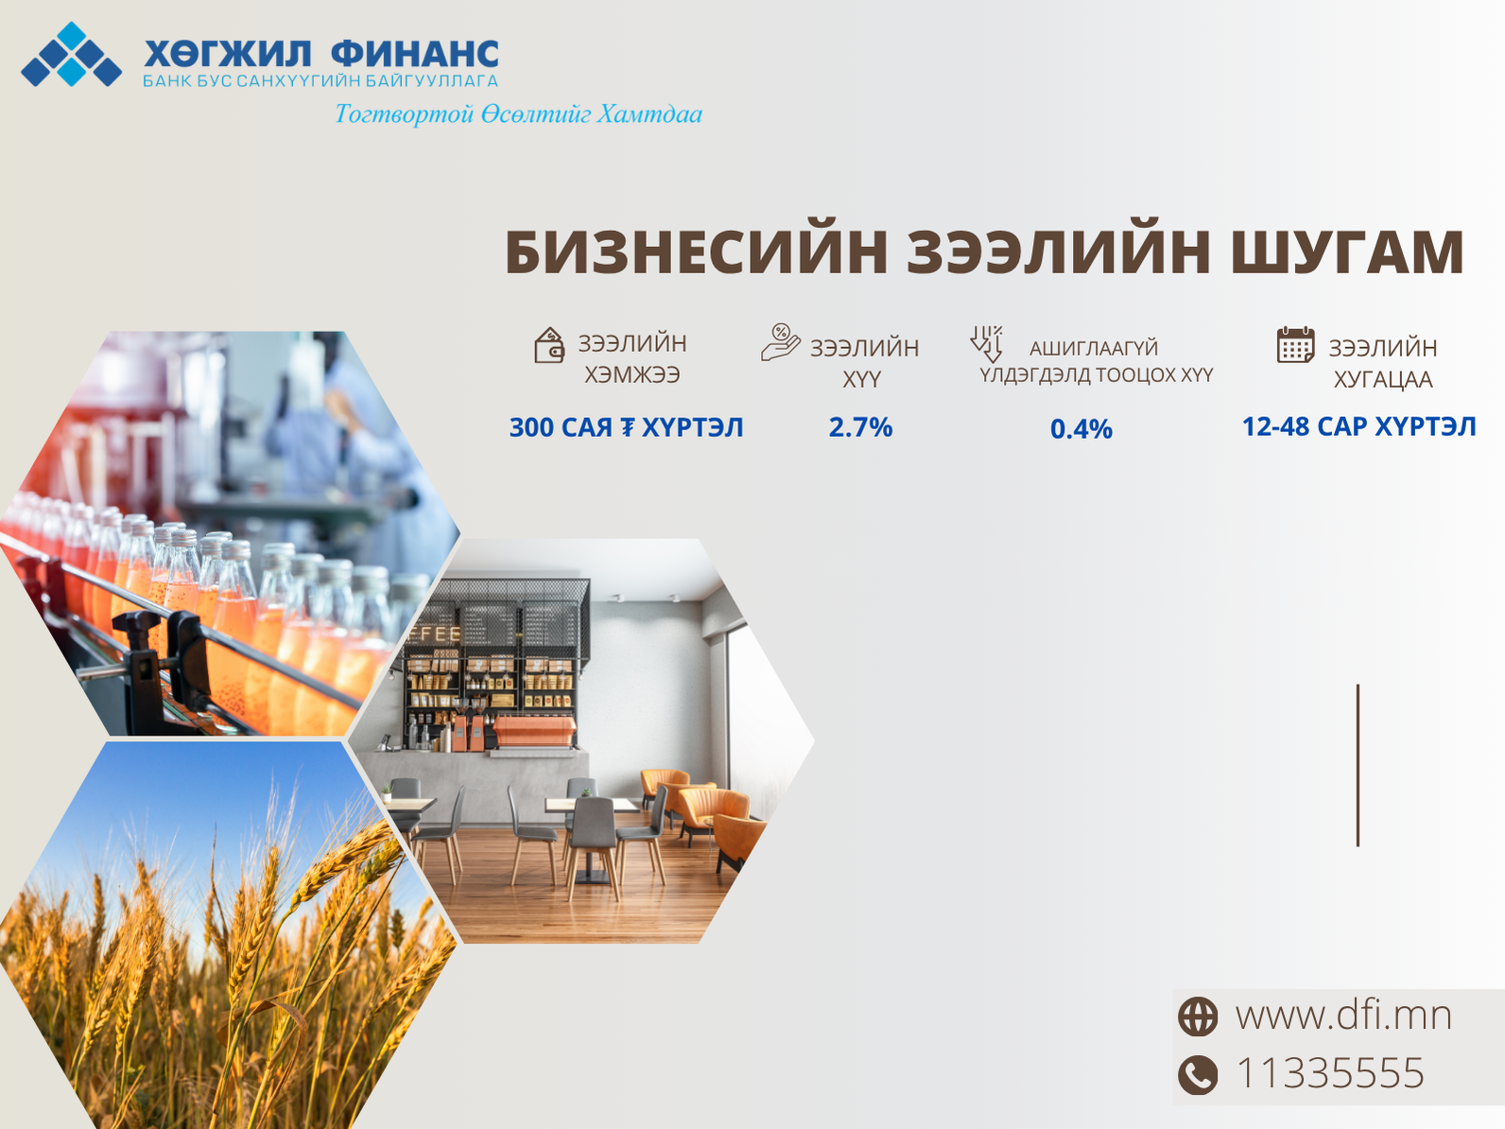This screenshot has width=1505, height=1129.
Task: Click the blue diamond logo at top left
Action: click(x=71, y=54)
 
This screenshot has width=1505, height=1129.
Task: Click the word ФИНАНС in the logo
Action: click(x=415, y=54)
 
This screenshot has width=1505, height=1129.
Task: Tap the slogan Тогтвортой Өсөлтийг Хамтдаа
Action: click(x=518, y=113)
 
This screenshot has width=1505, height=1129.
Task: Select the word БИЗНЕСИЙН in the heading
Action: click(x=697, y=252)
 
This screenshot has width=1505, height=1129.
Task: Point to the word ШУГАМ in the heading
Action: click(x=1348, y=252)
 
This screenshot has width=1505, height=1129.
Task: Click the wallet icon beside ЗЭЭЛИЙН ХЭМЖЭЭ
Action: click(x=549, y=345)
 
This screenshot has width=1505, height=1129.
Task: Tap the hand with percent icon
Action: click(x=780, y=342)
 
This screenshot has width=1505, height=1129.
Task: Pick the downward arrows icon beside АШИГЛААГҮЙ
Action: click(x=987, y=344)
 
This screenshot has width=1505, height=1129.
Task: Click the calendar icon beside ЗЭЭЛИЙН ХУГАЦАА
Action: click(x=1295, y=344)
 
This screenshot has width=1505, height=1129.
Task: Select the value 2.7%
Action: click(x=860, y=427)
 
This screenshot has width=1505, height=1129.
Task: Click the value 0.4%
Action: click(x=1081, y=428)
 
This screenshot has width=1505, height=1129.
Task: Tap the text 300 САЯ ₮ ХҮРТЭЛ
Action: click(x=626, y=427)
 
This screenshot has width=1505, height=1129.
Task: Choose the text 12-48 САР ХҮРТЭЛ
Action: click(x=1359, y=426)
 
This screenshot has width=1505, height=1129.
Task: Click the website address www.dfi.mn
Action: click(x=1344, y=1016)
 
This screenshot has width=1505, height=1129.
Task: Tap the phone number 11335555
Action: click(x=1330, y=1073)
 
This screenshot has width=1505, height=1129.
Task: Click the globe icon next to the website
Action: click(x=1198, y=1016)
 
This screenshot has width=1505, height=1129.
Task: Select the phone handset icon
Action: click(x=1198, y=1074)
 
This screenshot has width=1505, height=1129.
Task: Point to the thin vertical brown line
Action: click(x=1358, y=765)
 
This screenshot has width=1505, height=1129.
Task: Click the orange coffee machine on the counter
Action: click(x=534, y=731)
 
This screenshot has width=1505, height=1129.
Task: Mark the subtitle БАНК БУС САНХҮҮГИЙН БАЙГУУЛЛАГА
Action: click(x=320, y=81)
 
